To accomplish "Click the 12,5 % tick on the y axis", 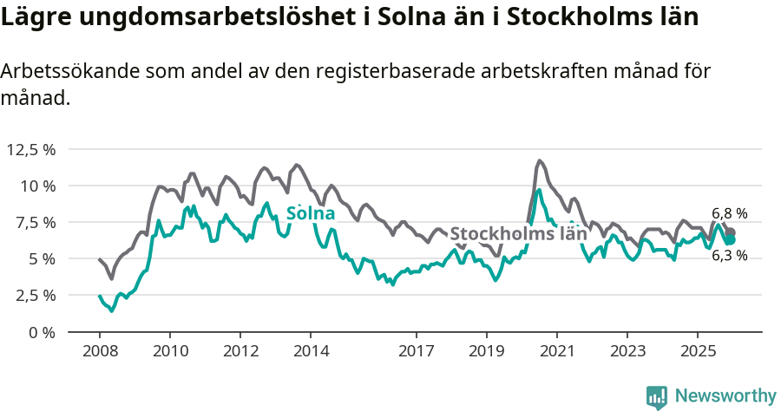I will [31, 149].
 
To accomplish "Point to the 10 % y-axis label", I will [37, 186].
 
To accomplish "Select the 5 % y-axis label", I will [41, 258].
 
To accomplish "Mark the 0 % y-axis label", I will [41, 331].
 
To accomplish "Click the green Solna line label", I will [311, 213].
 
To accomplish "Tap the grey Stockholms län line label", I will [518, 234].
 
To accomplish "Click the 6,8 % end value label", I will [729, 213].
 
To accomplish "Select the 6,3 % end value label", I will [729, 256].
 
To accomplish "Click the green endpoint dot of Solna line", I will [730, 239].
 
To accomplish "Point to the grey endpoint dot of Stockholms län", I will [730, 232].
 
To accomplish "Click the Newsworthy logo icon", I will [656, 396].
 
